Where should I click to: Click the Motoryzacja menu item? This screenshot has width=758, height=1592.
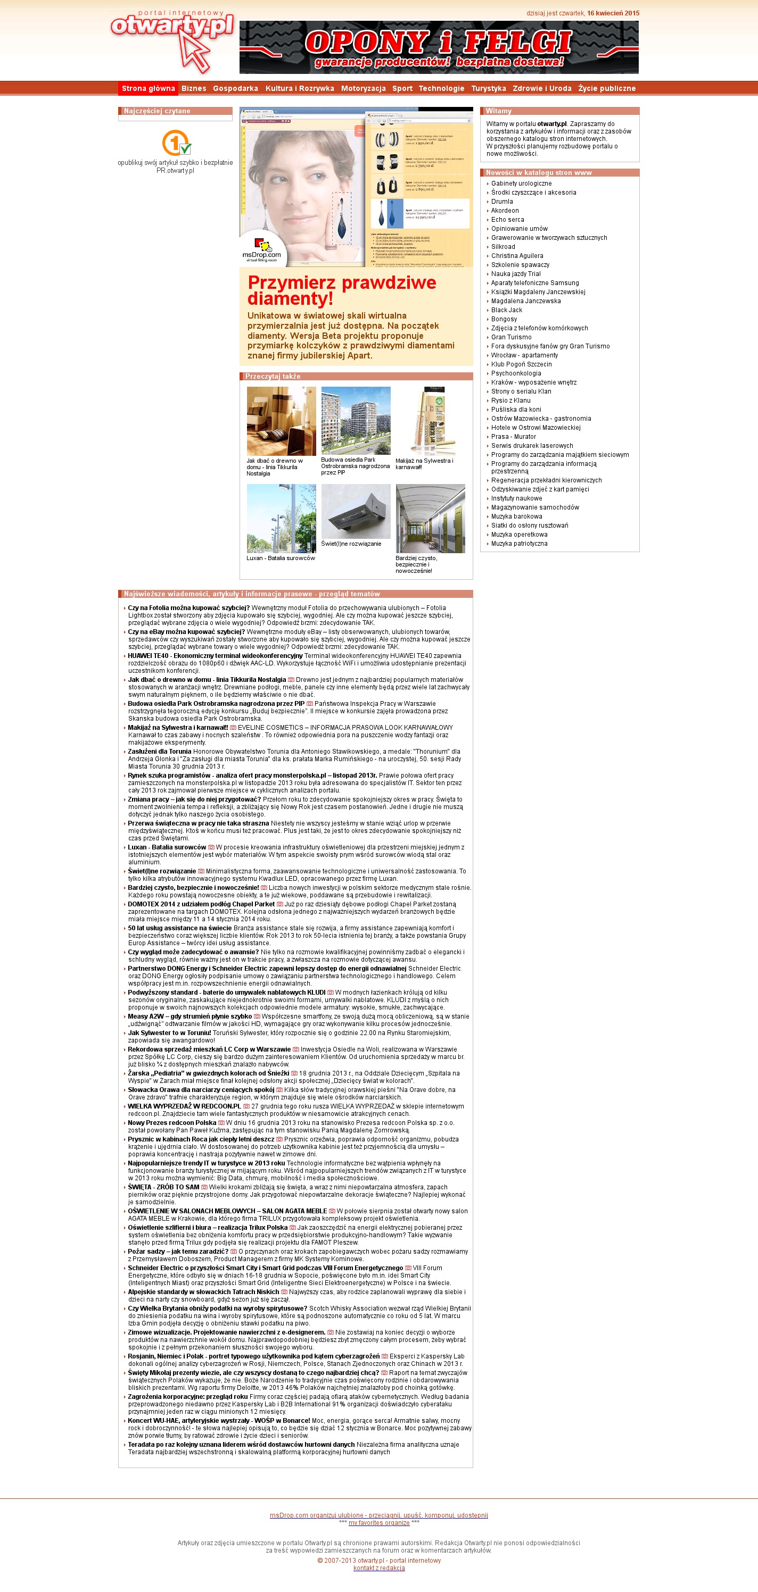[363, 88]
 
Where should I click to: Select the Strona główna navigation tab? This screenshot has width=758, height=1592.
[149, 88]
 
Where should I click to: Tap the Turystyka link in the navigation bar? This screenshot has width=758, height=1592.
[489, 88]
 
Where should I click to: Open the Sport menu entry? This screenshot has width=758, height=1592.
[402, 88]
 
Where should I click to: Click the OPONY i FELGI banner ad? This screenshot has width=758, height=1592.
[439, 47]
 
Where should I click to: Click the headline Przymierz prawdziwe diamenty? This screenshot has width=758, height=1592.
[342, 290]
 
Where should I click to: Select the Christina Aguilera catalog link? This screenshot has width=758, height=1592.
[517, 256]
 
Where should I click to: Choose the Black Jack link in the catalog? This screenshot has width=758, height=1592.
[506, 310]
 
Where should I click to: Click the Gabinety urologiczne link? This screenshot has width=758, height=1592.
[521, 184]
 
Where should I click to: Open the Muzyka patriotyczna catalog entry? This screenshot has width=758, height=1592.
[518, 544]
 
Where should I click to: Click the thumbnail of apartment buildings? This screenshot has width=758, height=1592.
[356, 420]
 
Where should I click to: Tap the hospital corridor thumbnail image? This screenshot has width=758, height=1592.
[430, 518]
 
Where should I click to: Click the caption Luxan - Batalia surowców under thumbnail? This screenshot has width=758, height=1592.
[281, 558]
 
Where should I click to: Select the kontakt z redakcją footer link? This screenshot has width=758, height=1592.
[379, 1568]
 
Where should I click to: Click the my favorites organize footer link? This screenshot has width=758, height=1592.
[379, 1523]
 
